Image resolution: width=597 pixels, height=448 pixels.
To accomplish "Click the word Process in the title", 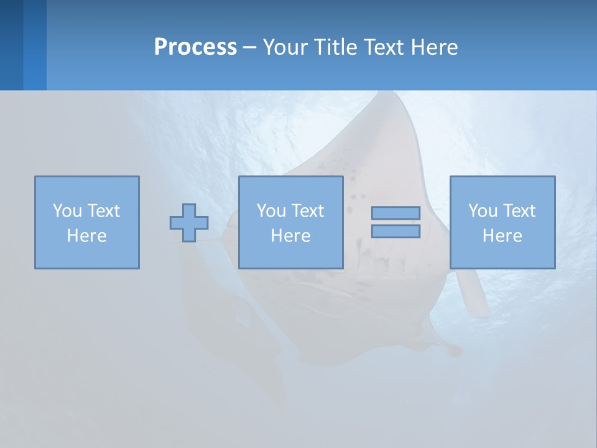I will tap(195, 47).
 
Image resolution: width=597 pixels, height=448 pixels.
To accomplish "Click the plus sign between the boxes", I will tap(189, 223).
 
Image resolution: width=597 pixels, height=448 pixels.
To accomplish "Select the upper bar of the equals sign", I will tap(396, 213).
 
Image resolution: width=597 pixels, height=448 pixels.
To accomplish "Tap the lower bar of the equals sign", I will tap(396, 231).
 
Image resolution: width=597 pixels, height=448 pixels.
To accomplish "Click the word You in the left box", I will tap(67, 211).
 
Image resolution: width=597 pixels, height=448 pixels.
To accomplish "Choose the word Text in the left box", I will tap(103, 211).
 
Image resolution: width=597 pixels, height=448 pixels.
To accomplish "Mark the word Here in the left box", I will tap(86, 236).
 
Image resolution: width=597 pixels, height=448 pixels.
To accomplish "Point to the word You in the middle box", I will tap(271, 211).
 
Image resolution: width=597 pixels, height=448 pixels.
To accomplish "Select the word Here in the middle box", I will tap(290, 236).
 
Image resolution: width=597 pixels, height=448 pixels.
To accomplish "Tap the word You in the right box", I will tap(483, 211).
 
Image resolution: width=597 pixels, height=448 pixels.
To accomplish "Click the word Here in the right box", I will tap(502, 236).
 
